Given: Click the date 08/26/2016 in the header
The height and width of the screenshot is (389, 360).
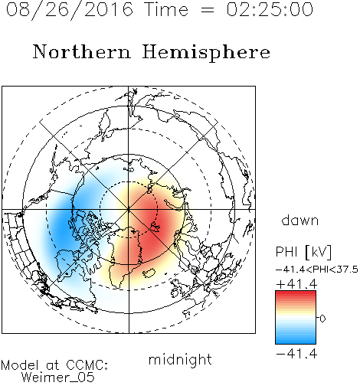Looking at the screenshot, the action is click(70, 10).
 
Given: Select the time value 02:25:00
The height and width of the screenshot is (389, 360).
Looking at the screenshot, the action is click(270, 9).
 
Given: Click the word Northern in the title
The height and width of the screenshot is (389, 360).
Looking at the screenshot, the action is click(82, 51).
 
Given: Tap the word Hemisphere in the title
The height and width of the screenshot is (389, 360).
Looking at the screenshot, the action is click(206, 53).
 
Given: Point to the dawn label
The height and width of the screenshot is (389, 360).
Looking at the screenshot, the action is click(300, 220).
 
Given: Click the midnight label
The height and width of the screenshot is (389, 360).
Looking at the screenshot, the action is click(180, 359).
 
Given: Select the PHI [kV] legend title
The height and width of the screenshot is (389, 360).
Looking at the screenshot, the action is click(303, 252).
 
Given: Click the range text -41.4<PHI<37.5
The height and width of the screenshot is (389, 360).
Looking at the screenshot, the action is click(317, 270).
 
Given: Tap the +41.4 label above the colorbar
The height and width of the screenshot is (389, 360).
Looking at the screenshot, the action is click(296, 284).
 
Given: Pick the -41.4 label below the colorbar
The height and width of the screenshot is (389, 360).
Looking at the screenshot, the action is click(296, 354).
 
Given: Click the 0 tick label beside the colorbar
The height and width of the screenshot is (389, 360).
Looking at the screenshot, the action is click(322, 319).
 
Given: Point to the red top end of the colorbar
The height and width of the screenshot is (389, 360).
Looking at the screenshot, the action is click(296, 293).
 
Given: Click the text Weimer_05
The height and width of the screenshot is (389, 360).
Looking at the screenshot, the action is click(58, 378).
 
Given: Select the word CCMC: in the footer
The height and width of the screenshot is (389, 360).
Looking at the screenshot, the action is click(87, 365).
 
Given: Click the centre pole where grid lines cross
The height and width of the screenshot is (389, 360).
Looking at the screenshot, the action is click(129, 210).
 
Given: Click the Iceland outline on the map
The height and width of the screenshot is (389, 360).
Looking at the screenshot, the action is click(149, 273).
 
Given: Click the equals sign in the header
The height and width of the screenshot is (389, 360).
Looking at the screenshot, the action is click(208, 10).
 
